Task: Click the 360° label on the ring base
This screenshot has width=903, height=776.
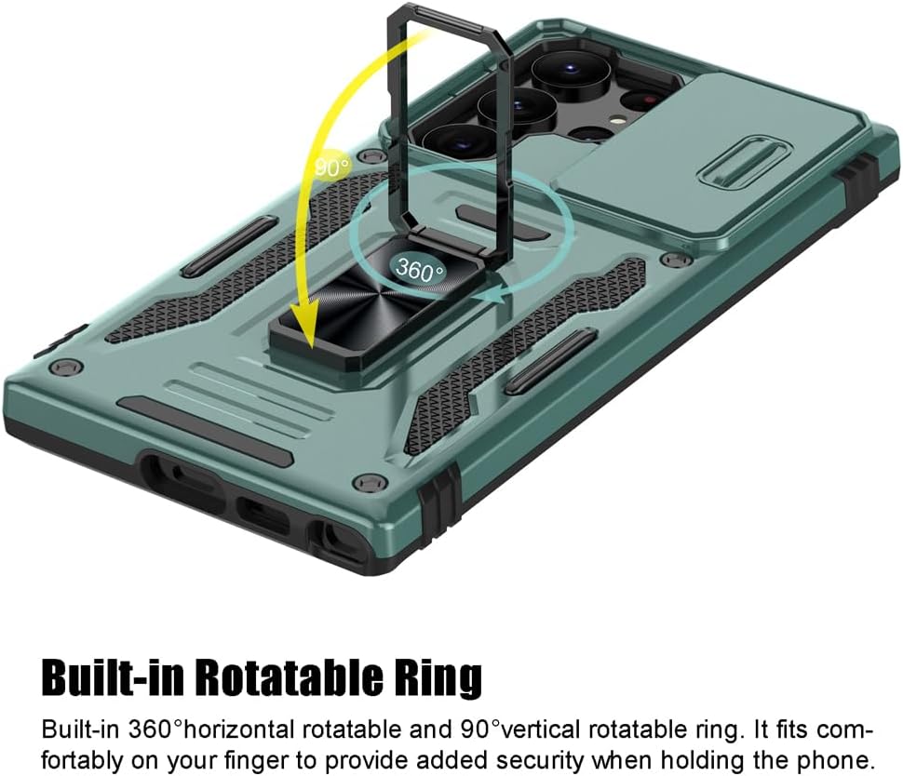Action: click(419, 270)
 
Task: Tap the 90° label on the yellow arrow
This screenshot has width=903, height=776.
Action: click(332, 167)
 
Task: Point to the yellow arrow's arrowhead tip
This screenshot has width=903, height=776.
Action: click(311, 348)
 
